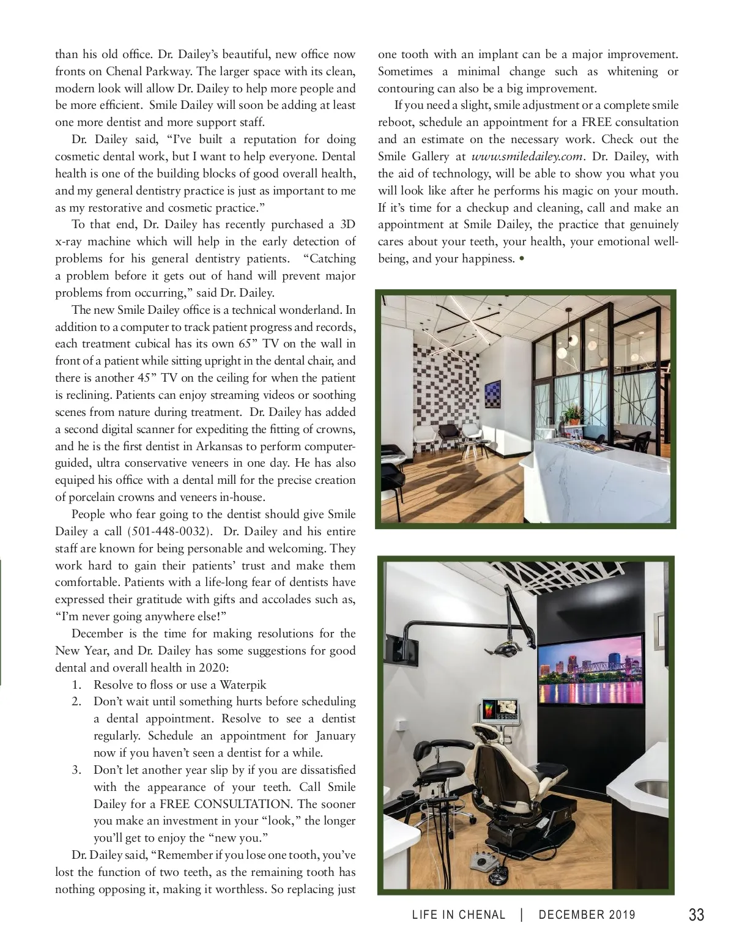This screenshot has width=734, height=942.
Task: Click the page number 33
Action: tap(696, 915)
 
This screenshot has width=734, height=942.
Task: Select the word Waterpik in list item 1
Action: tap(243, 684)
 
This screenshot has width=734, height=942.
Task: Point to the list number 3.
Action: tap(76, 770)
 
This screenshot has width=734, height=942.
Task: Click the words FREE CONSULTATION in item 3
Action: tap(225, 804)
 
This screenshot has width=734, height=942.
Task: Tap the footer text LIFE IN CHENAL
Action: tap(459, 916)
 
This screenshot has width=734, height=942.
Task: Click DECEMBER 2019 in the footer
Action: tap(587, 916)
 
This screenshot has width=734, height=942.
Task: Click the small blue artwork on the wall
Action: tap(492, 394)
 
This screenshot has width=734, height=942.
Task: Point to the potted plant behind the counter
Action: tap(573, 415)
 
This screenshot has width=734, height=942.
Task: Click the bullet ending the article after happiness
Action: tap(521, 259)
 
